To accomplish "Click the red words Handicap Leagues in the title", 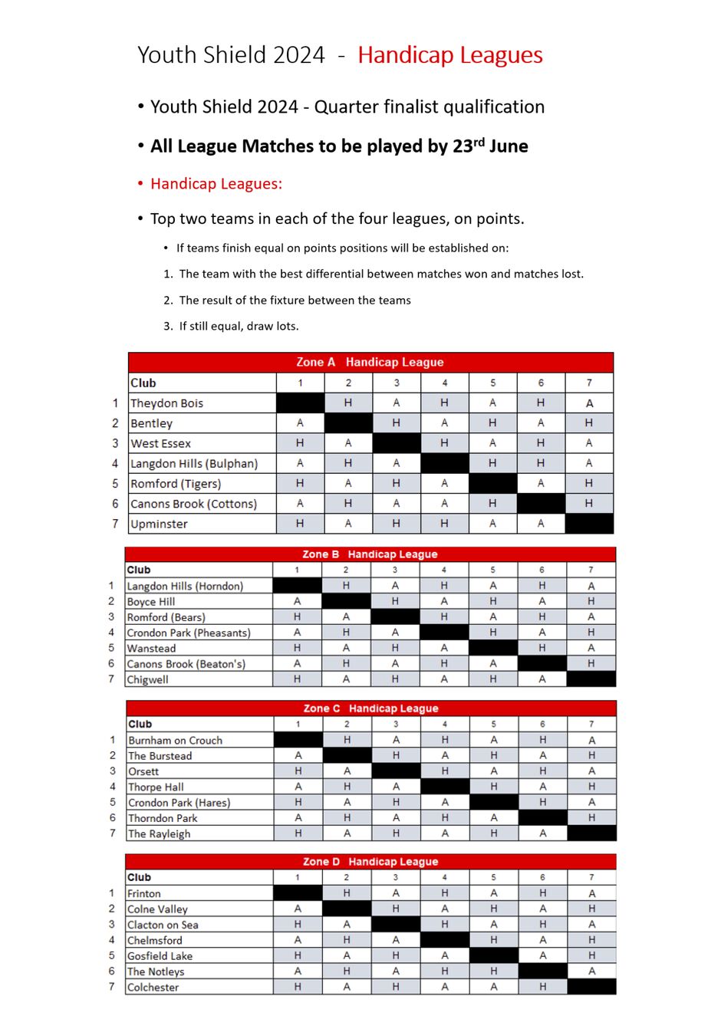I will [449, 55].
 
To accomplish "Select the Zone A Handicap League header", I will [370, 362].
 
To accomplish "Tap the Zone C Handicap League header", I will [370, 708].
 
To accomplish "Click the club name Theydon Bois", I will [166, 403].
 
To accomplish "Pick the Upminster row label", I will [159, 524].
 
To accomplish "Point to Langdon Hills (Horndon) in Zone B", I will [185, 587].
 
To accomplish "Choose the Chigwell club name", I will [147, 679].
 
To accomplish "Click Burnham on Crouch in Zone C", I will [175, 741].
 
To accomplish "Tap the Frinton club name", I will [144, 894].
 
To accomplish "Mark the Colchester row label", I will [153, 988].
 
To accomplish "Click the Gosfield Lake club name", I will [160, 956].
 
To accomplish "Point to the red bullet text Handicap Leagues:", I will [216, 184].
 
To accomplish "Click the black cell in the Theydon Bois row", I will [300, 403].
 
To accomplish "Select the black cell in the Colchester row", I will [591, 987].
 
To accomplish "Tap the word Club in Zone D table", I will [139, 877].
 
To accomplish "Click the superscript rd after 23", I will [479, 141].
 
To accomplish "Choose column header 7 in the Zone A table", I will [589, 383].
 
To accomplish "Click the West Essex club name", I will [160, 444].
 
